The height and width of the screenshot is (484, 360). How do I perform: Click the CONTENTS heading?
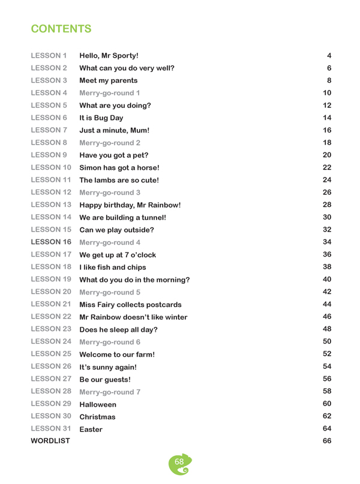61,29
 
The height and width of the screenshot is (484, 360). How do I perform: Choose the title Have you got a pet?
114,155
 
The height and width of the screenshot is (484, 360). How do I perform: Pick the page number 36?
327,254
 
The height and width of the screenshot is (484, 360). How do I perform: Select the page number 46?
327,316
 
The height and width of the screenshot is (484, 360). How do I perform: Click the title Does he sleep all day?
118,329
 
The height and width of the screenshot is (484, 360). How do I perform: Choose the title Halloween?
100,404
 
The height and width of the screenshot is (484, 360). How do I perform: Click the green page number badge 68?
179,463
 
